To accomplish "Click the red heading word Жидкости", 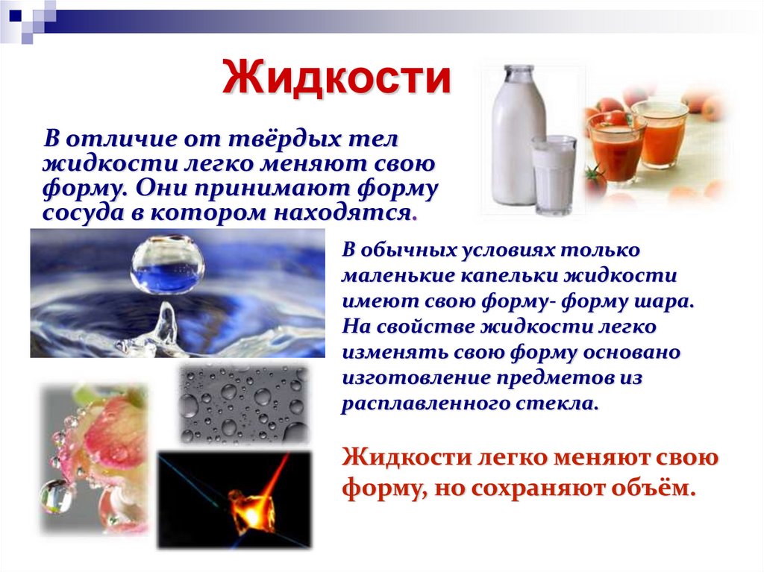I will [338, 79].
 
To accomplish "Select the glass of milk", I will [553, 175].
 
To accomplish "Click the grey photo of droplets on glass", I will [242, 403].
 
